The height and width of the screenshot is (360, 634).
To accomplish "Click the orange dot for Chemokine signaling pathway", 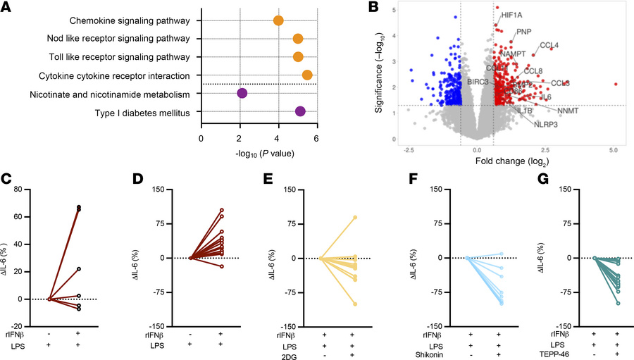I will coord(278,20).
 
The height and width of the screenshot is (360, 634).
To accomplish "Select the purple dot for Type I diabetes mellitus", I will coord(300,111).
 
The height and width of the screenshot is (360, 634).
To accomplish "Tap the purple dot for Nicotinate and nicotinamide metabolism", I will coord(242,93).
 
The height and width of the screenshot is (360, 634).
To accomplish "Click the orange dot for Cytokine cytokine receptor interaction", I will coord(307,75).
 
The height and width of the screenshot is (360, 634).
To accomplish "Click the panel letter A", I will coord(8,8).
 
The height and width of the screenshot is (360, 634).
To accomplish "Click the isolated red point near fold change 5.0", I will coord(616,84).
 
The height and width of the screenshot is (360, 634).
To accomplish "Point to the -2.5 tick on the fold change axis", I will coord(409,151).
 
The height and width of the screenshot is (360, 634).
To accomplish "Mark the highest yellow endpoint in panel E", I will coord(356,217).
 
